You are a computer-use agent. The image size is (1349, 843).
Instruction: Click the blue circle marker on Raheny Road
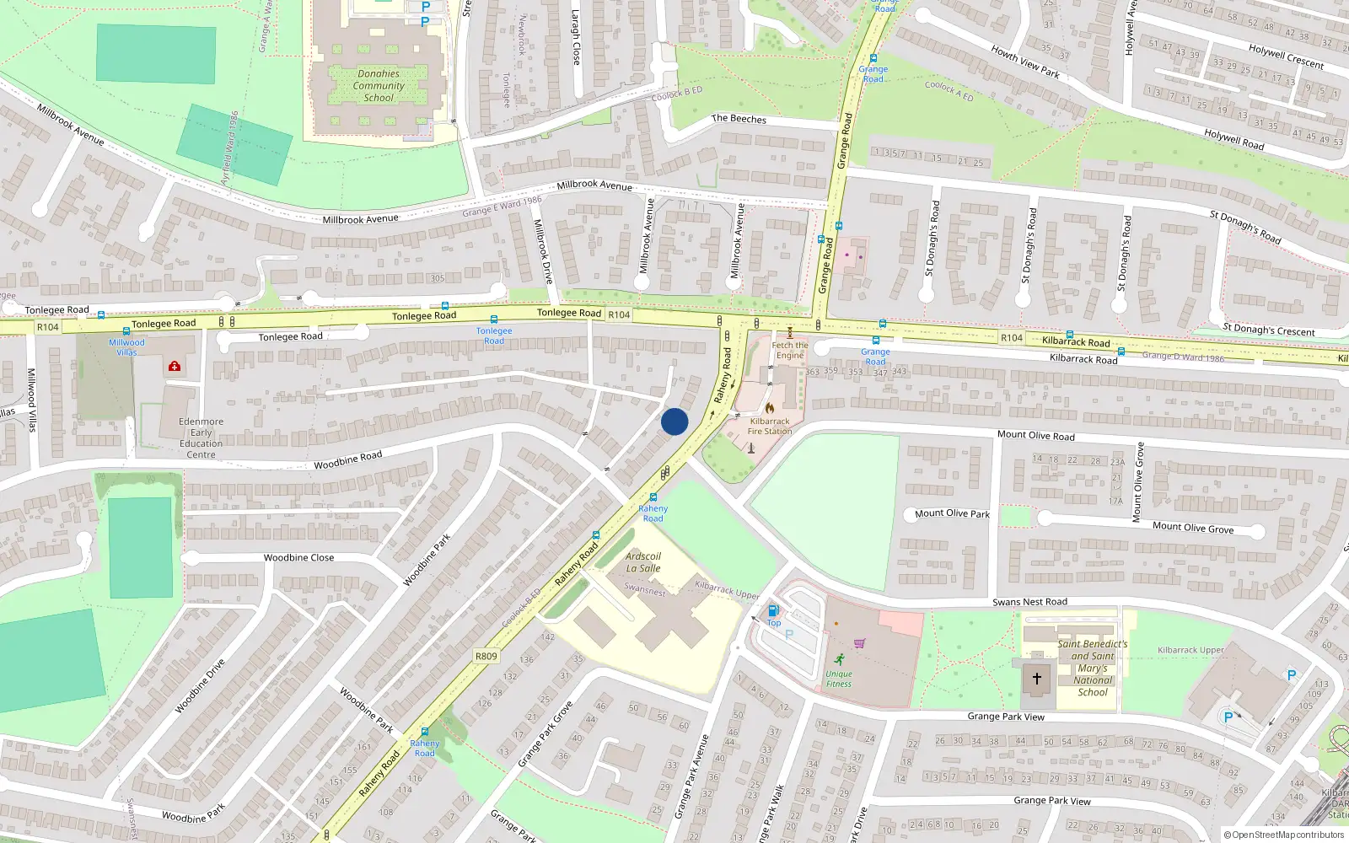[x=674, y=421]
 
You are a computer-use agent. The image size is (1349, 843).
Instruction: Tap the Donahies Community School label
[x=379, y=86]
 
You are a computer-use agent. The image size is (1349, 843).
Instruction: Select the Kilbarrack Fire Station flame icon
[x=770, y=408]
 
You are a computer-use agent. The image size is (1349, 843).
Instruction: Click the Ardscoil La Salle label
[x=643, y=562]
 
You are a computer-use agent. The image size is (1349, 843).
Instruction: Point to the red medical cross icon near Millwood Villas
[x=175, y=366]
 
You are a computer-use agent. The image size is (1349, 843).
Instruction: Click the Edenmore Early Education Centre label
[x=201, y=438]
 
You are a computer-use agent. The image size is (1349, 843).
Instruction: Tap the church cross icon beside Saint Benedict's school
[x=1037, y=678]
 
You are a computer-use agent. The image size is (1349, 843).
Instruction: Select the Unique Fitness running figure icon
[x=839, y=659]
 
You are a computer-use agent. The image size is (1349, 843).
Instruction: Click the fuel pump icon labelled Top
[x=773, y=610]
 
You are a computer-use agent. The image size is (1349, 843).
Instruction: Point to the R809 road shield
[x=486, y=656]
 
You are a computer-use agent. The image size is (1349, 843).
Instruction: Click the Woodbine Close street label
[x=298, y=558]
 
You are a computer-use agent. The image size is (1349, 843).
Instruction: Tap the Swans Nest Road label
[x=1029, y=602]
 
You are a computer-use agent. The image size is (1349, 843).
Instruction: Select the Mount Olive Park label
[x=952, y=513]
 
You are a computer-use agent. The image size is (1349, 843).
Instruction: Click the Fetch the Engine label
[x=790, y=350]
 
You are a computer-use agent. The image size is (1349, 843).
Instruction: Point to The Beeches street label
[x=739, y=119]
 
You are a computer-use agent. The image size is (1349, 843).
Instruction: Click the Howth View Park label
[x=1025, y=62]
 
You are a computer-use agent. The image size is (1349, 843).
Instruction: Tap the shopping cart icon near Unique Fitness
[x=859, y=643]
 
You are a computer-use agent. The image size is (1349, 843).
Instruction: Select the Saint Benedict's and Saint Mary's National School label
[x=1093, y=668]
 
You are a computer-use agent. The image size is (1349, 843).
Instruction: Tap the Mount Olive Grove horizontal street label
[x=1193, y=528]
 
